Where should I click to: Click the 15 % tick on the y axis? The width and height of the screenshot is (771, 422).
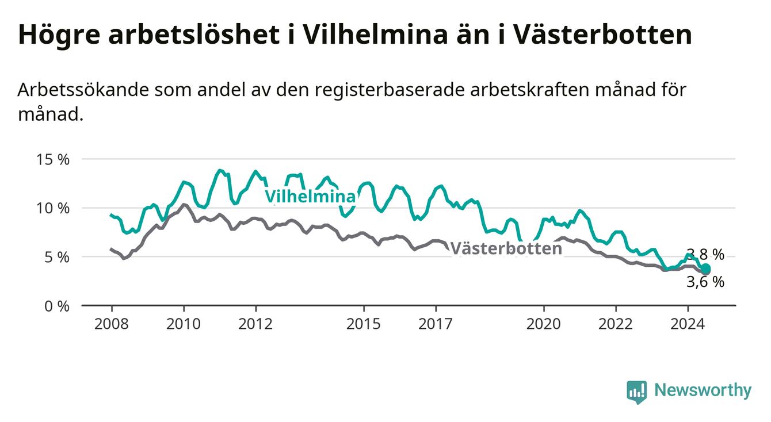click(53, 160)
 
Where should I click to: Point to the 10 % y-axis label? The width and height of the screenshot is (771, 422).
click(53, 209)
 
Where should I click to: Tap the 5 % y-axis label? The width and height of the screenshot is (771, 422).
click(57, 257)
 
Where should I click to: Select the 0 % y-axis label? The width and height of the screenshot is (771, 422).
click(57, 306)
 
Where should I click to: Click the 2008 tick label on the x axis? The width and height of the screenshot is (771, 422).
click(111, 324)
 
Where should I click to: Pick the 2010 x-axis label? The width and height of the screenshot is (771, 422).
click(184, 324)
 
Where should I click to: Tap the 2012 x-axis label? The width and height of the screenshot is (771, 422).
click(255, 324)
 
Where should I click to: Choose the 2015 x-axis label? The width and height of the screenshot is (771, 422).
click(364, 324)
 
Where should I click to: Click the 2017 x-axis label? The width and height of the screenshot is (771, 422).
click(436, 324)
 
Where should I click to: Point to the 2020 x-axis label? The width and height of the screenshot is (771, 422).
click(544, 324)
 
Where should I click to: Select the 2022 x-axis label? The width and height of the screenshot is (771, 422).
click(616, 324)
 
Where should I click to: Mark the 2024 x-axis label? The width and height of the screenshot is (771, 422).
click(688, 324)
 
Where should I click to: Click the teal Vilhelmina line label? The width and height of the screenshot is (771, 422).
click(310, 197)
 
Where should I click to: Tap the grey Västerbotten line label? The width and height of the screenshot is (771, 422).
click(506, 248)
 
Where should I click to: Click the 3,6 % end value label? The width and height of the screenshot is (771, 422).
click(705, 282)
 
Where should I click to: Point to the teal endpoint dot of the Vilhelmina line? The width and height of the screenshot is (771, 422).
click(705, 268)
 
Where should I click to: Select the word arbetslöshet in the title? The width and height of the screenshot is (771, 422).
click(194, 34)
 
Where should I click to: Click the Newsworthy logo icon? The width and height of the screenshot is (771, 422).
click(636, 392)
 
